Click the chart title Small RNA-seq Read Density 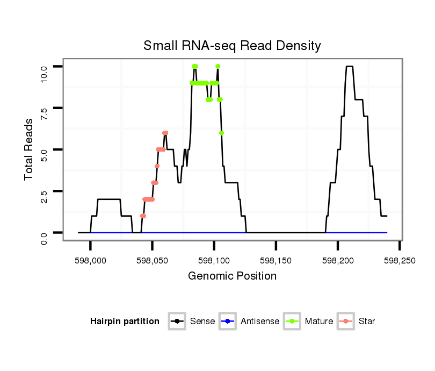pyautogui.click(x=232, y=46)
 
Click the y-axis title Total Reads pyautogui.click(x=30, y=149)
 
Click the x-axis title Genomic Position pyautogui.click(x=232, y=276)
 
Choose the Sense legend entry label pyautogui.click(x=202, y=322)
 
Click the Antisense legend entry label pyautogui.click(x=260, y=322)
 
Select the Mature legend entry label pyautogui.click(x=319, y=322)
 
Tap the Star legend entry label pyautogui.click(x=367, y=322)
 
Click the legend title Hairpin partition pyautogui.click(x=125, y=322)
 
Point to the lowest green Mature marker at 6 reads pyautogui.click(x=222, y=133)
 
